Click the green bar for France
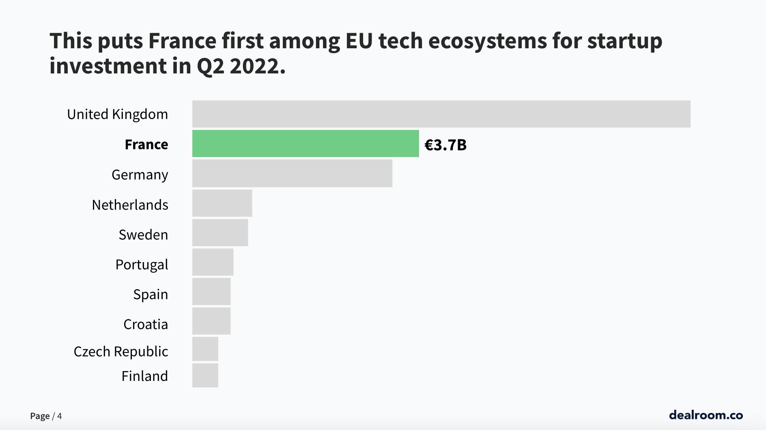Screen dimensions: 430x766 click(305, 144)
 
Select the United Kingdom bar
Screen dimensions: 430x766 click(441, 114)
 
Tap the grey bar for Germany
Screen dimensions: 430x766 click(292, 173)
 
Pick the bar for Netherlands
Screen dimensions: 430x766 click(222, 203)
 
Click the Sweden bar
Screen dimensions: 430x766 click(220, 232)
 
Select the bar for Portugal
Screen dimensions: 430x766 click(213, 262)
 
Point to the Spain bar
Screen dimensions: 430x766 click(211, 292)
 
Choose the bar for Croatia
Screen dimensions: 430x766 click(211, 321)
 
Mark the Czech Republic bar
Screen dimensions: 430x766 click(205, 349)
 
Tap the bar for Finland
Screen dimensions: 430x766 click(205, 375)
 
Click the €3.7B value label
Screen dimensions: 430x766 click(445, 145)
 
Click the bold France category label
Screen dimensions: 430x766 click(146, 144)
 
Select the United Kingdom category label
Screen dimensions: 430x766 click(117, 114)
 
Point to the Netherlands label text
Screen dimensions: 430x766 click(130, 205)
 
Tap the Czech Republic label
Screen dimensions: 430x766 click(120, 351)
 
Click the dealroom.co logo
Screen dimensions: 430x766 click(706, 415)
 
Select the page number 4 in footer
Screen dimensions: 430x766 click(60, 416)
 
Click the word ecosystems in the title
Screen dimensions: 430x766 click(487, 41)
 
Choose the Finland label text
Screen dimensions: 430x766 click(144, 376)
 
